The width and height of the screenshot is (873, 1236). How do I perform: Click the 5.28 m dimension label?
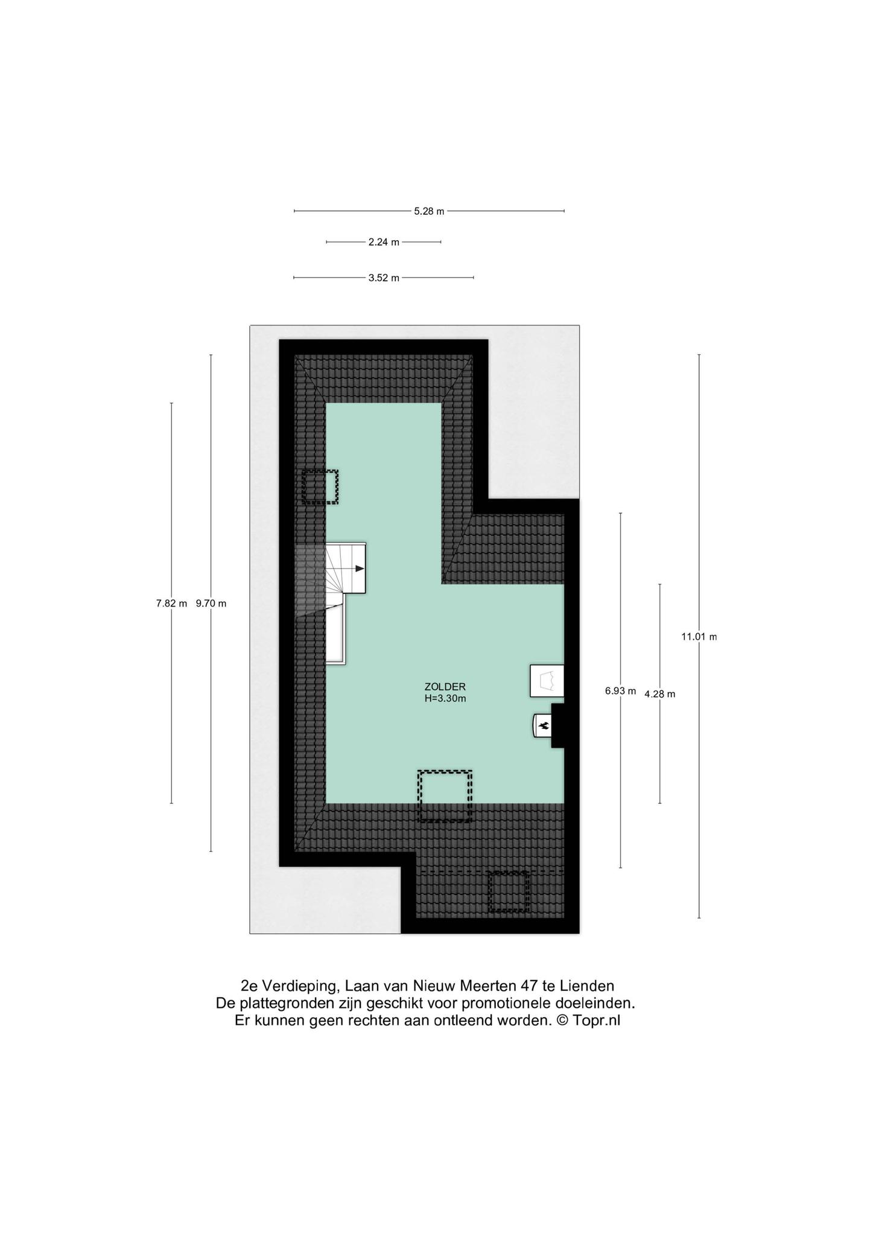(429, 211)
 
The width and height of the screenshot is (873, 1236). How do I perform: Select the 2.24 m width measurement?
(384, 242)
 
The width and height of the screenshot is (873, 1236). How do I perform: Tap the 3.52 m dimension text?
(384, 278)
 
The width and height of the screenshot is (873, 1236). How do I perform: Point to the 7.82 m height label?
(171, 603)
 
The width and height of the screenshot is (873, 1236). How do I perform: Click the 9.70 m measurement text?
(211, 603)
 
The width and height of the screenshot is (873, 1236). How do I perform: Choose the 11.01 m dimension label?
(699, 636)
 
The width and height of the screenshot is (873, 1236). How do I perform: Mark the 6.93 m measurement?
(621, 691)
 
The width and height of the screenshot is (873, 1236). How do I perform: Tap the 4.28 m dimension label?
(660, 694)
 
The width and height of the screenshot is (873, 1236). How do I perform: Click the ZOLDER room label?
(445, 687)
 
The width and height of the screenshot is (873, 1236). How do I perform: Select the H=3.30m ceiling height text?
(445, 699)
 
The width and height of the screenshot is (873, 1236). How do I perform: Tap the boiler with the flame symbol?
(542, 725)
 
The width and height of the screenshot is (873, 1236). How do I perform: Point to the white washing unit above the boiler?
(547, 681)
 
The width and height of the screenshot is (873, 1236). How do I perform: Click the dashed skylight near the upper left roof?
(320, 487)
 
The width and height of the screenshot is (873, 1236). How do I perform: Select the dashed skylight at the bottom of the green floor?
(445, 796)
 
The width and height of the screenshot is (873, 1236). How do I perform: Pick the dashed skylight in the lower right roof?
(509, 891)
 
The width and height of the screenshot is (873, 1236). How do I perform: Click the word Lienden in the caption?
(587, 986)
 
